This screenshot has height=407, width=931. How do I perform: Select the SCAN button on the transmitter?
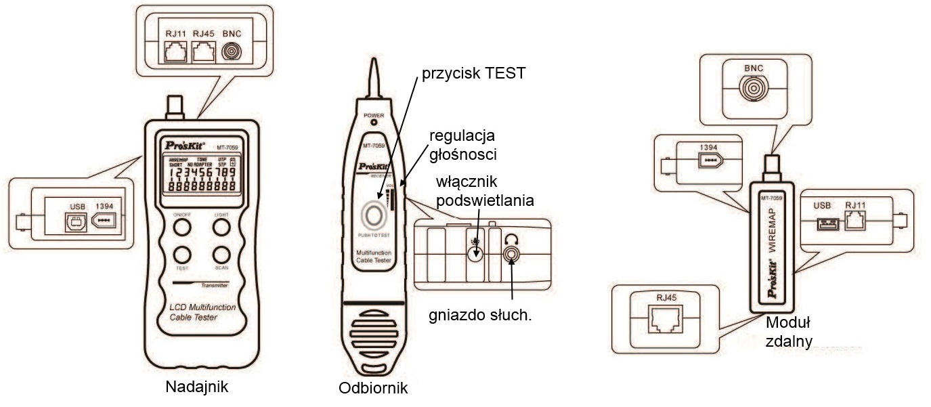tap(221, 255)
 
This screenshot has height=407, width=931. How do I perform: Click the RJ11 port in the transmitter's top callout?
tap(175, 51)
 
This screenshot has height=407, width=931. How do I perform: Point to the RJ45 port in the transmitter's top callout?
tap(203, 51)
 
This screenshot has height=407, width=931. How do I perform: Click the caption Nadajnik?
tap(197, 388)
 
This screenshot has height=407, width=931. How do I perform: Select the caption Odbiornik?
tap(374, 389)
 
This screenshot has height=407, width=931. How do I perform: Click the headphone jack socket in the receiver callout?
tap(512, 253)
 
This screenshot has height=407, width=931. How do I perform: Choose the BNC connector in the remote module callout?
tap(752, 88)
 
